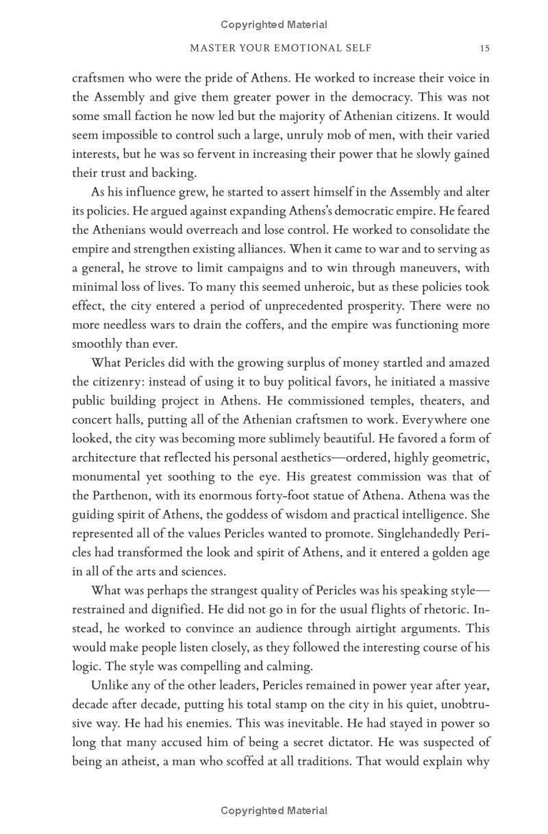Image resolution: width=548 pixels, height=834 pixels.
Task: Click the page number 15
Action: (x=484, y=48)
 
